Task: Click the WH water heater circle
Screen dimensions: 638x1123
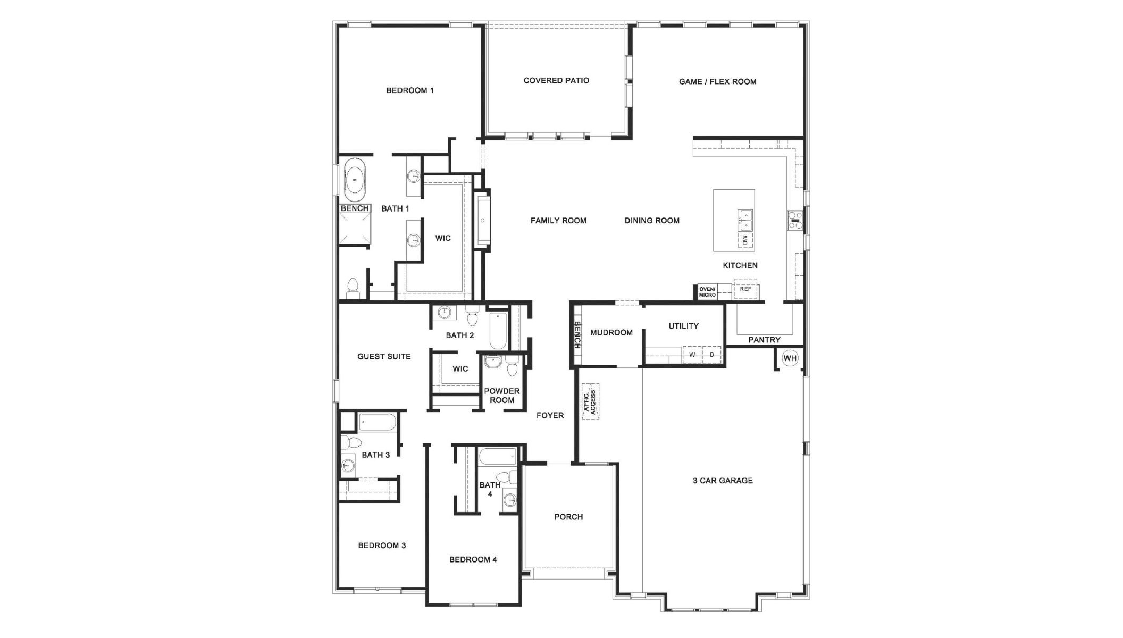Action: click(x=790, y=358)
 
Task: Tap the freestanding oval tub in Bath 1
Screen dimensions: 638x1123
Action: click(x=355, y=180)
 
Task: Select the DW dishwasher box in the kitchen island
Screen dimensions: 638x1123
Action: click(x=745, y=240)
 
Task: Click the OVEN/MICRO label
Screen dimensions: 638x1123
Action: click(x=707, y=292)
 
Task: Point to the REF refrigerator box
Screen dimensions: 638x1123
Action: click(x=745, y=289)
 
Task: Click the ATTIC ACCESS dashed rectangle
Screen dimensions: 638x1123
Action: click(x=590, y=402)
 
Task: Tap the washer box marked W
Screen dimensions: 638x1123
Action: click(x=692, y=355)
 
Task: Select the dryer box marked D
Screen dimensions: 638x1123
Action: click(x=711, y=355)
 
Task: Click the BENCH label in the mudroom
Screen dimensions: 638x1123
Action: click(x=577, y=335)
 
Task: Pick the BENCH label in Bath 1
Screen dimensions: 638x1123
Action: click(x=355, y=208)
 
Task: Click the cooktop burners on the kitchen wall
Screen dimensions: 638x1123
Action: click(x=795, y=220)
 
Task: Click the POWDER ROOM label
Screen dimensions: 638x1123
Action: click(x=501, y=396)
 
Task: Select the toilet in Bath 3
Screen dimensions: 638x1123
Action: click(x=351, y=442)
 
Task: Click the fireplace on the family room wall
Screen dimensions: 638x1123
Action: click(x=483, y=220)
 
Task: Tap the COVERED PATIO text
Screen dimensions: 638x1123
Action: click(x=556, y=81)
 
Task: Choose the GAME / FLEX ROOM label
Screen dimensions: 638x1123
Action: click(x=717, y=82)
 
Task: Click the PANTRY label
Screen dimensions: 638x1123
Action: click(x=764, y=340)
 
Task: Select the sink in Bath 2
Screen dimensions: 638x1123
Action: click(x=444, y=312)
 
